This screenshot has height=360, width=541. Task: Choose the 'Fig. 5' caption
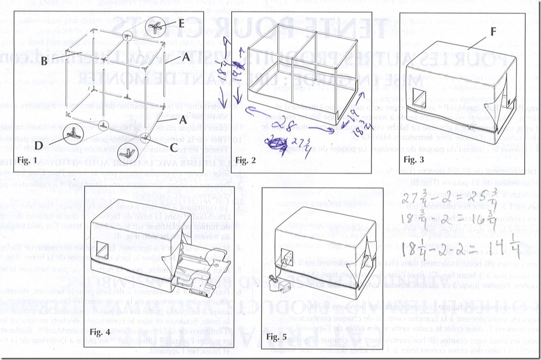[278, 336]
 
